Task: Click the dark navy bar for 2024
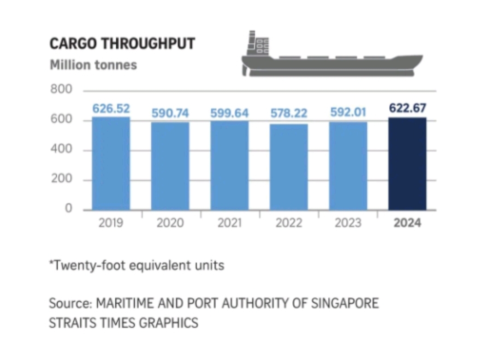408,164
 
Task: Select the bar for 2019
111,164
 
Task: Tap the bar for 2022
289,167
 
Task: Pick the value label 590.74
170,113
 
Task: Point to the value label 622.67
408,108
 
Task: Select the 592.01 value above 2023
348,112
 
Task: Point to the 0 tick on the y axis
68,209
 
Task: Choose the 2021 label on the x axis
229,223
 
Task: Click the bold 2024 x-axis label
408,223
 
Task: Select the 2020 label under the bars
170,223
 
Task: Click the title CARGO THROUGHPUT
122,44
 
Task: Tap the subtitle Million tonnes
93,65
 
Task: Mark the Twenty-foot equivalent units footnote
136,266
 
